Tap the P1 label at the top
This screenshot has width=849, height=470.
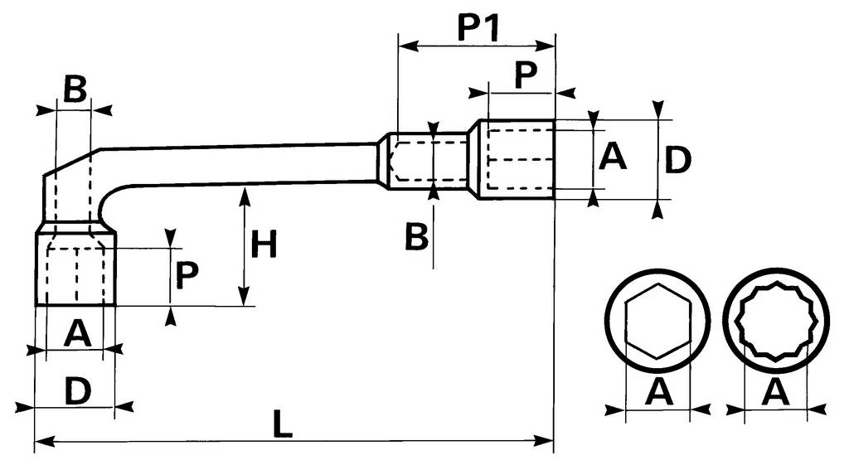click(477, 29)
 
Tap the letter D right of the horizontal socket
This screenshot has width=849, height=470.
click(677, 161)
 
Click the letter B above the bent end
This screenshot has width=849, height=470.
click(75, 90)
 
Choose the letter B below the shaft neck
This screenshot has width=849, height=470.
click(416, 237)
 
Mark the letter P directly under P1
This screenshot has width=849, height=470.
click(525, 75)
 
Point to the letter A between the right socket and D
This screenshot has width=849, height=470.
click(613, 156)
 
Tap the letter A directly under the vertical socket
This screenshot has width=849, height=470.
click(76, 333)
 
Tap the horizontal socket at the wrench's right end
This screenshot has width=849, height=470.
click(514, 159)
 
